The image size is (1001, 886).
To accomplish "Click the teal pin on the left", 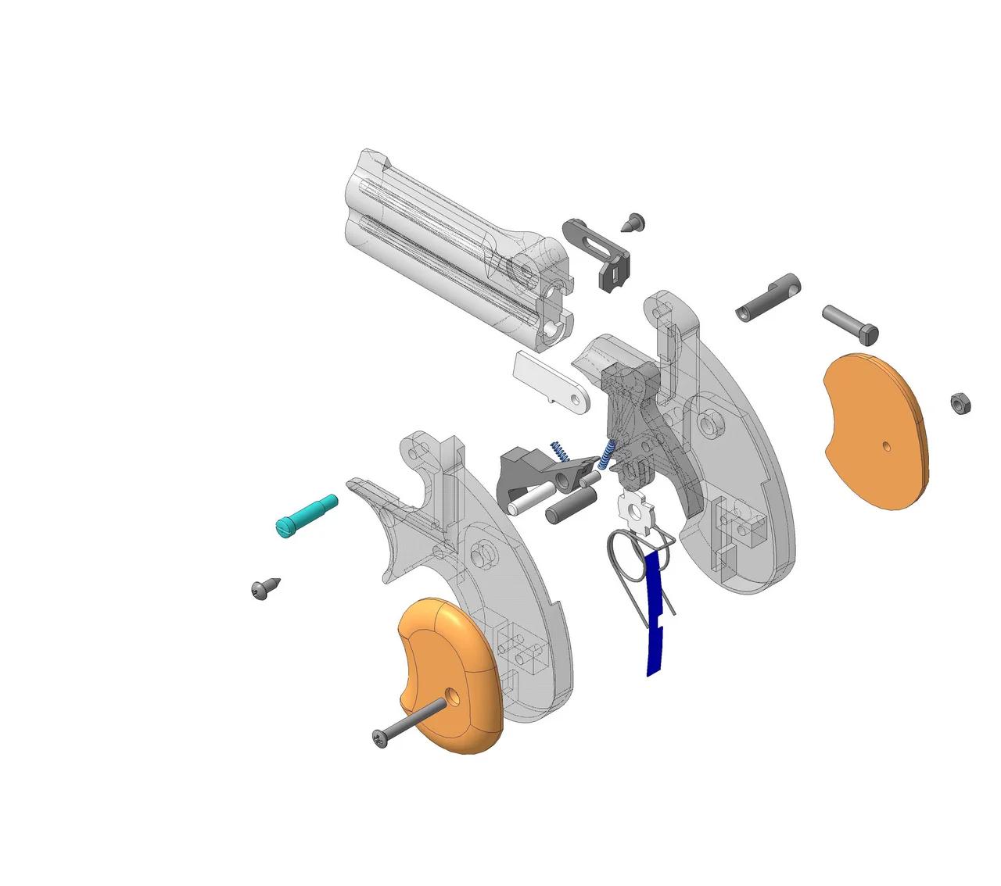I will point(306,515).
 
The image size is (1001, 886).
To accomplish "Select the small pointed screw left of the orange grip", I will point(264,588).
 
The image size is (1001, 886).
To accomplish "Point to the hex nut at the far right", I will point(960,403).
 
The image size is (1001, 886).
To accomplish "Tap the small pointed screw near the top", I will point(633,222).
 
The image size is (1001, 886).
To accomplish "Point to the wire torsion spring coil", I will point(625,555).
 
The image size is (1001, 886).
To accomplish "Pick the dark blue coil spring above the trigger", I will point(560,452).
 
